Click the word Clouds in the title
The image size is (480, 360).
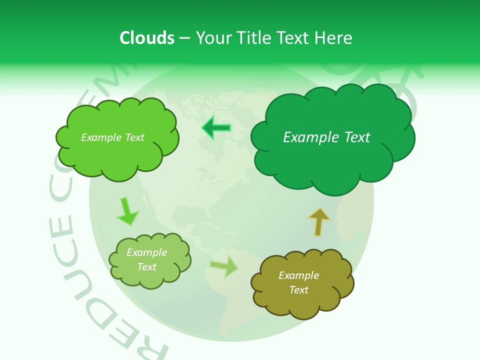point(147,38)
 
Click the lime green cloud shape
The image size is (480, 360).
point(117,155)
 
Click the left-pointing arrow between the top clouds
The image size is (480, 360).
point(216,128)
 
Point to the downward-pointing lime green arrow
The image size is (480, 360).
point(126,212)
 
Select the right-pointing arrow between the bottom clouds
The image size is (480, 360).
point(224,266)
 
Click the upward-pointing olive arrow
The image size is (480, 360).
point(319,221)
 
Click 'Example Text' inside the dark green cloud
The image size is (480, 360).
point(326,137)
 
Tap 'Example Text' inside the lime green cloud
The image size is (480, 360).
point(112,137)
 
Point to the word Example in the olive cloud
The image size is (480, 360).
point(298,275)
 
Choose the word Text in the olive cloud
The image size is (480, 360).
point(298,290)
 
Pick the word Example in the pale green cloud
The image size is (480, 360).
point(146,252)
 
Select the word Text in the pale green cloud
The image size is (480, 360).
point(146,267)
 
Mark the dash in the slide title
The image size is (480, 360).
point(184,38)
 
